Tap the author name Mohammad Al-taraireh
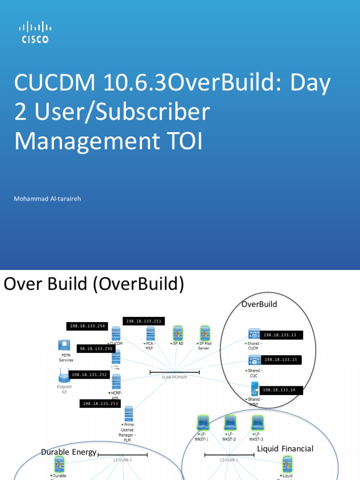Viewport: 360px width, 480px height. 47,199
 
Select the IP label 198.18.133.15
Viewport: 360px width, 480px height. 281,360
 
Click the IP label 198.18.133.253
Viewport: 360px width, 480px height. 100,403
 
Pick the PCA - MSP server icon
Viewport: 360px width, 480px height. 150,334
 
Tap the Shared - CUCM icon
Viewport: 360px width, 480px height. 254,334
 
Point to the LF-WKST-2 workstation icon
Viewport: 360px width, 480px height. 230,423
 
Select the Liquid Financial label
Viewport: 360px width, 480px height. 285,449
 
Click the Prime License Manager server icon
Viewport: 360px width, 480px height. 128,414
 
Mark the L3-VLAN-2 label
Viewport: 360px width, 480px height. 122,460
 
